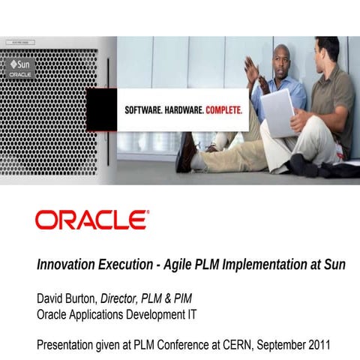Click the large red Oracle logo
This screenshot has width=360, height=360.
tap(91, 220)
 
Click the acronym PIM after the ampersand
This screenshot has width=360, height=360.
tap(190, 298)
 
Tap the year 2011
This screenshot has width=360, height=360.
tap(315, 345)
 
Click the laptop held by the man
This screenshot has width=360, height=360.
tap(277, 112)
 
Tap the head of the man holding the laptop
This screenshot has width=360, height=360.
tap(328, 52)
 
